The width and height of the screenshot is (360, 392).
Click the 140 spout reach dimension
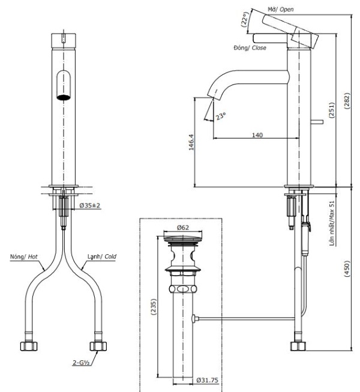[256, 135]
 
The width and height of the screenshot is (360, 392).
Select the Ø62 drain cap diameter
[184, 227]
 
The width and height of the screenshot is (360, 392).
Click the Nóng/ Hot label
[23, 257]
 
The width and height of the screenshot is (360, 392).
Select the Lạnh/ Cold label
[102, 257]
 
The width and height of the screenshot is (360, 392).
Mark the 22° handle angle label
[244, 21]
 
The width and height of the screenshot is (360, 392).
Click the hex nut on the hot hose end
[28, 346]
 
